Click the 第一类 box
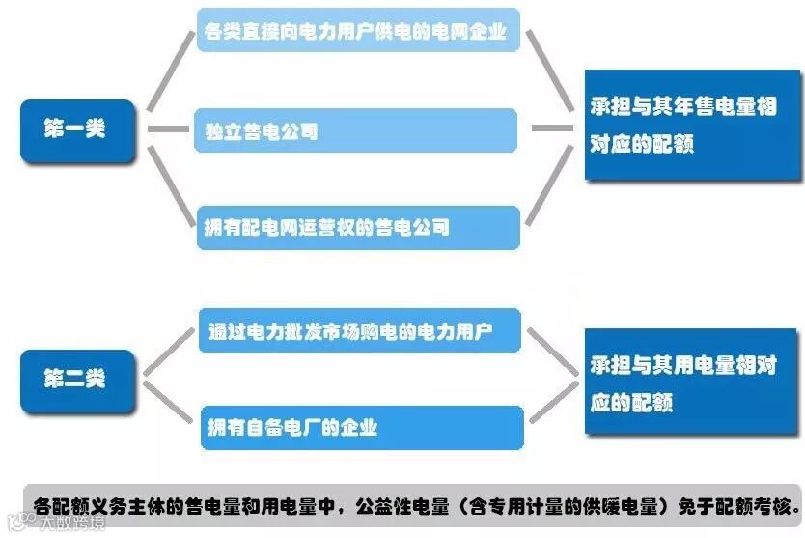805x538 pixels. tap(77, 129)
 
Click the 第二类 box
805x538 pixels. tap(77, 379)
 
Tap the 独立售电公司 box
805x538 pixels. tap(355, 130)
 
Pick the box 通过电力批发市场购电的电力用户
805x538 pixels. tap(359, 331)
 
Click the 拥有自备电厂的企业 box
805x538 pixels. tap(359, 427)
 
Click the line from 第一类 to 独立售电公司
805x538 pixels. tap(165, 128)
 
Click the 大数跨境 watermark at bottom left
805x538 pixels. tap(58, 524)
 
